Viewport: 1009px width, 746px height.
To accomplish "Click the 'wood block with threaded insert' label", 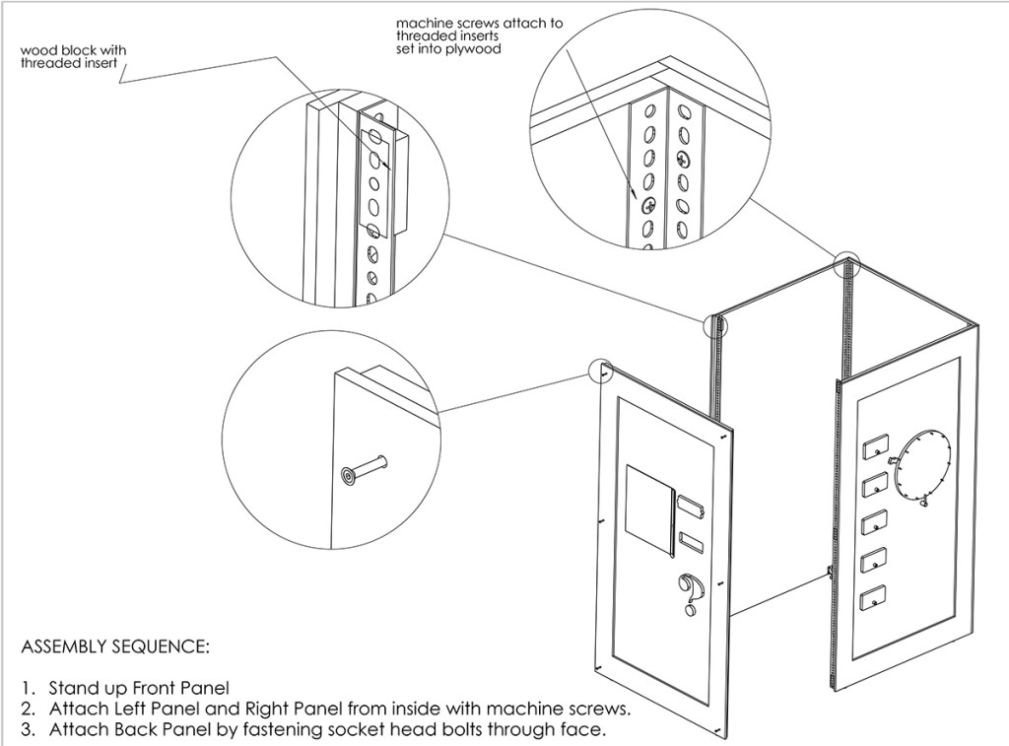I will (x=73, y=56).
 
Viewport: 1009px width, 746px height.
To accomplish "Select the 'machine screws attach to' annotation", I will (x=479, y=22).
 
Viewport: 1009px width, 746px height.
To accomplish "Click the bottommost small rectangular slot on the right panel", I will (x=870, y=597).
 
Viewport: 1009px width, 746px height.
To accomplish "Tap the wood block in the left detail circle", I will (x=393, y=177).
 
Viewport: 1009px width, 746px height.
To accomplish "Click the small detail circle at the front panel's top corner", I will (x=600, y=372).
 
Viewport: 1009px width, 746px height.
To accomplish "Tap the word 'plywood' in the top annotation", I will (x=474, y=48).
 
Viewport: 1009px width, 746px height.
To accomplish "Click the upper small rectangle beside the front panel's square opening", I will (x=690, y=508).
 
